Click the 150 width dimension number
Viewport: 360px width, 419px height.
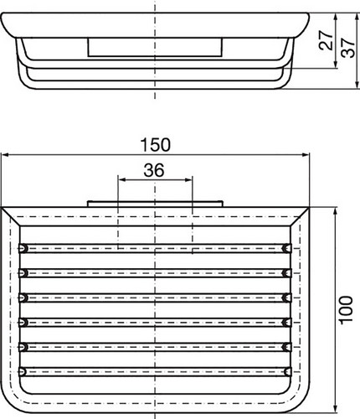point(155,145)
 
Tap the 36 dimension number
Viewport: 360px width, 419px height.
point(154,170)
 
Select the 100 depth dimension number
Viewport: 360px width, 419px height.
point(346,310)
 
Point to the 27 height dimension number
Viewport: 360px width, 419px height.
point(326,40)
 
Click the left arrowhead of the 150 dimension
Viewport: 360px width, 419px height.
point(6,155)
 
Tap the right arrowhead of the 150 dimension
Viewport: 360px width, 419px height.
point(305,155)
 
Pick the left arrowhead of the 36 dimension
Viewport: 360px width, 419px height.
point(122,180)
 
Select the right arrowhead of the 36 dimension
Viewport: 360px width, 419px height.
point(188,180)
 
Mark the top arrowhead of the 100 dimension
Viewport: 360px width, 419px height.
point(336,212)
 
